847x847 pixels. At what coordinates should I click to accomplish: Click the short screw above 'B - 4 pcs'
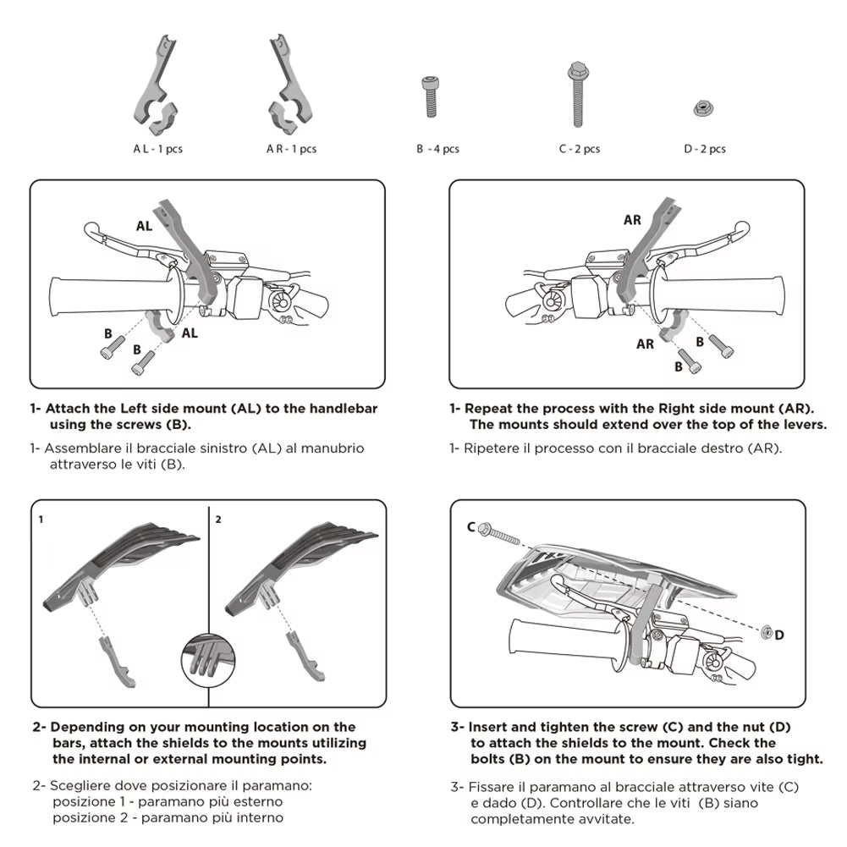pyautogui.click(x=430, y=96)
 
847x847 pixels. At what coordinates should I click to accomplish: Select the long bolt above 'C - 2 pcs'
pyautogui.click(x=577, y=95)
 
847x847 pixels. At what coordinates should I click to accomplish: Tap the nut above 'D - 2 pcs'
pyautogui.click(x=703, y=108)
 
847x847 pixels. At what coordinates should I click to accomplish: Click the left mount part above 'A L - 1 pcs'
pyautogui.click(x=157, y=86)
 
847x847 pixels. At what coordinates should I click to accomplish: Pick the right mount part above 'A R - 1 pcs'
pyautogui.click(x=289, y=86)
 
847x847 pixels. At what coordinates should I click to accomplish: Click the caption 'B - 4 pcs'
pyautogui.click(x=437, y=149)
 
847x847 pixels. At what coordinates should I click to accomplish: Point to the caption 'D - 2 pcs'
pyautogui.click(x=704, y=149)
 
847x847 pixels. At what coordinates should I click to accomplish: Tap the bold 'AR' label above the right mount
pyautogui.click(x=632, y=220)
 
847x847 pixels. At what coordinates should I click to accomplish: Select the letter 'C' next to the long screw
pyautogui.click(x=471, y=526)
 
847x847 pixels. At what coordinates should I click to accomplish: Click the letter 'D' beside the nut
pyautogui.click(x=779, y=635)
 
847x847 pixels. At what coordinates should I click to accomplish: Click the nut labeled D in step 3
pyautogui.click(x=766, y=631)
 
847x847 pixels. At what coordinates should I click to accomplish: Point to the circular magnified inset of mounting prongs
pyautogui.click(x=208, y=661)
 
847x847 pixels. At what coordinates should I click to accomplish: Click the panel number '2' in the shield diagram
pyautogui.click(x=218, y=520)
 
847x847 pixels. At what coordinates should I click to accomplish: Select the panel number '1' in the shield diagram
pyautogui.click(x=41, y=520)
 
